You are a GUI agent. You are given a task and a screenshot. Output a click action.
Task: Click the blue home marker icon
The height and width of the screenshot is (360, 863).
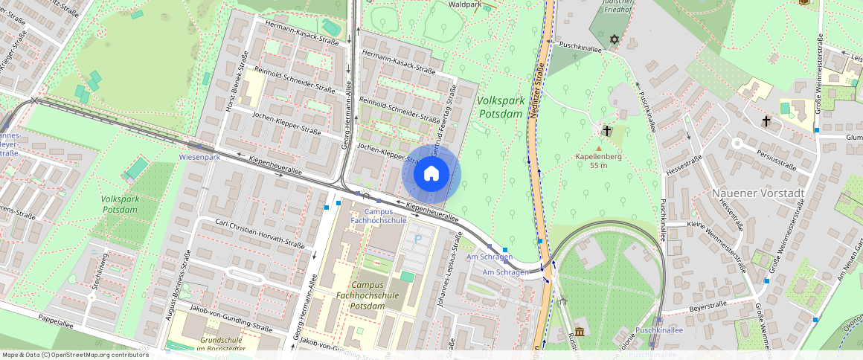(431, 174)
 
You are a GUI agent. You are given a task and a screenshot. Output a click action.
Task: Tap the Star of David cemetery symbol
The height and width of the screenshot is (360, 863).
(615, 39)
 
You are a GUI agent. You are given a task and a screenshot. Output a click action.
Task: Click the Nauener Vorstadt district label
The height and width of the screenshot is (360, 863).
(758, 193)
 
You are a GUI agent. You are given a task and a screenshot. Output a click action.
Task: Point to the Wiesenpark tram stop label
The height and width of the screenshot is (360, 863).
(199, 157)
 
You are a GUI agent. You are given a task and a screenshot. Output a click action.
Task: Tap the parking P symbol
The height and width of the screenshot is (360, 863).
(417, 239)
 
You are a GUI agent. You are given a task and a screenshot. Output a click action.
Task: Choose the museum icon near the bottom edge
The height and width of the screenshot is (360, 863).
(580, 331)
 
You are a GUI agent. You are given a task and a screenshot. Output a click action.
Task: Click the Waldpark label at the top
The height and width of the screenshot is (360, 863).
(466, 4)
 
